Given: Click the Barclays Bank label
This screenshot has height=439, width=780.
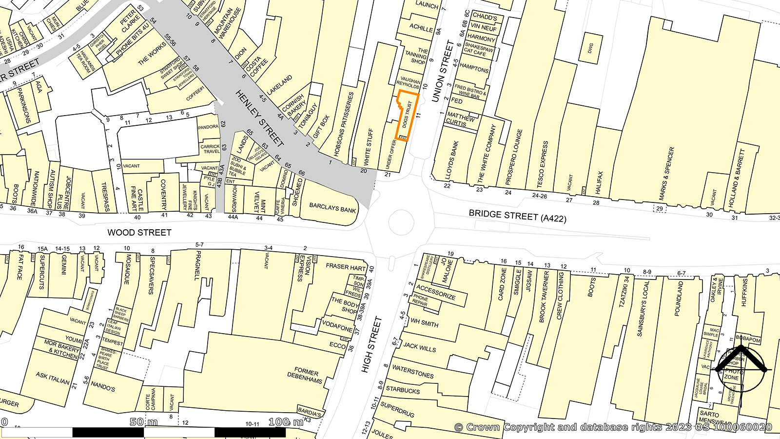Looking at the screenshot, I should pos(332,208).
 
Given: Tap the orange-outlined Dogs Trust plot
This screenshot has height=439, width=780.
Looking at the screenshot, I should pos(407,116).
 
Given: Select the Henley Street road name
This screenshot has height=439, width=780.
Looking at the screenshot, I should pos(259,119).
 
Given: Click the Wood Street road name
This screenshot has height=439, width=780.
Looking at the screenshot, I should pos(139,233).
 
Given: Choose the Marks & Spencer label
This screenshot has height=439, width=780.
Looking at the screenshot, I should pos(666,174).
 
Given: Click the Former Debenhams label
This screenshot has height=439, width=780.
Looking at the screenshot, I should pos(305,376).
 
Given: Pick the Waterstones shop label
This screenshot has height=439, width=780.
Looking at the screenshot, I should pos(412,372).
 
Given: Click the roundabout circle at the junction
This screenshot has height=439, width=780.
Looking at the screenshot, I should pos(401,223).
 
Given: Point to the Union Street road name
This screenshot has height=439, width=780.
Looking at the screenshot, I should pos(443,71).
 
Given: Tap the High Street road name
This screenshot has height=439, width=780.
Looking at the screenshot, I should pos(371,345).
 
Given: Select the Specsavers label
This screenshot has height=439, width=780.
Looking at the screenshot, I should pos(152,276).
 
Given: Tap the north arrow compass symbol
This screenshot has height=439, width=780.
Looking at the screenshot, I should pos(740,369).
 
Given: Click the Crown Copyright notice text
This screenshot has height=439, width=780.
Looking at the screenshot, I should pos(613,427).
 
